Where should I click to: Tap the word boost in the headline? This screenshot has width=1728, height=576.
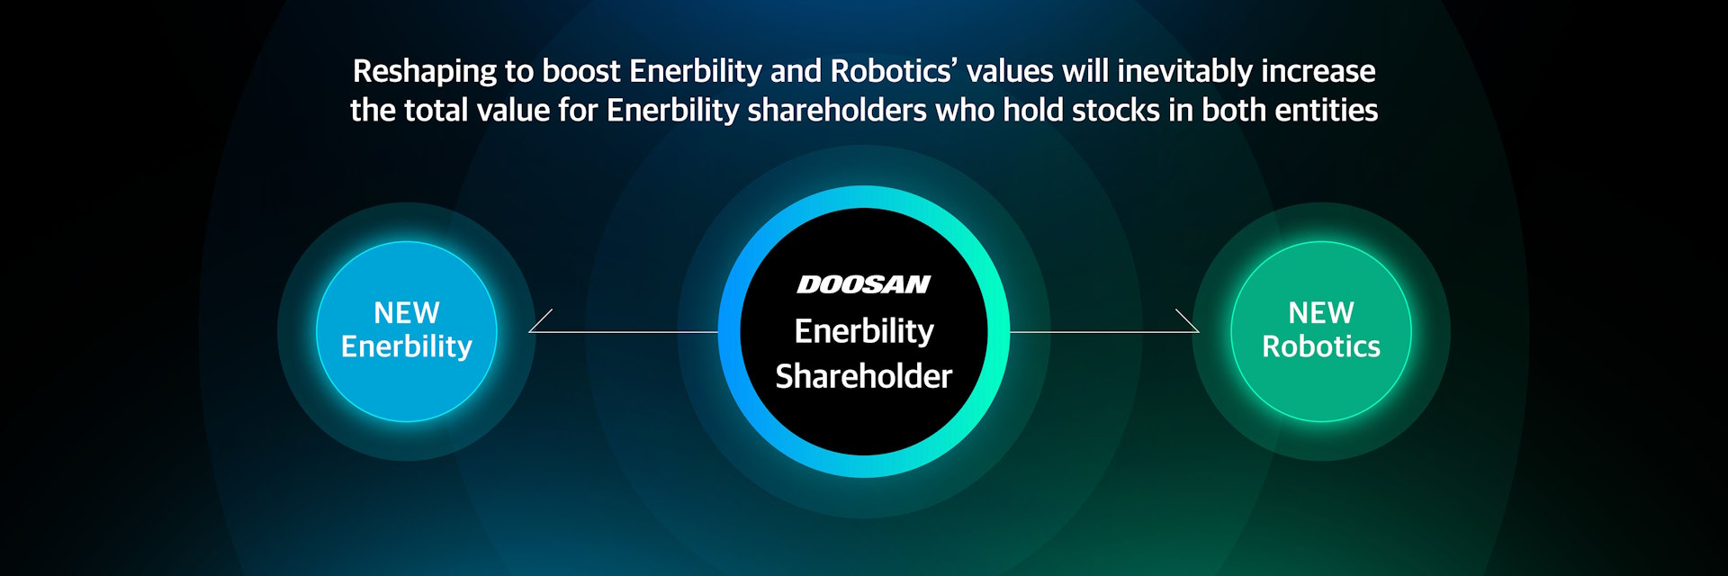click(x=580, y=71)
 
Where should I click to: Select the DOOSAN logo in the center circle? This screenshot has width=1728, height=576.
click(x=864, y=284)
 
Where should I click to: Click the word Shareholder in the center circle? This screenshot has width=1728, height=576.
click(x=864, y=376)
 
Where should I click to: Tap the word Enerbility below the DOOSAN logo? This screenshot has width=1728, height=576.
click(x=864, y=332)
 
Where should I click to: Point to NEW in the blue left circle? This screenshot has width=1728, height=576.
click(x=407, y=313)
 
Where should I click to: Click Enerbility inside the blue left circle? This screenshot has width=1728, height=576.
click(x=407, y=346)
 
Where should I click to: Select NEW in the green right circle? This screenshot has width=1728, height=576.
click(x=1321, y=313)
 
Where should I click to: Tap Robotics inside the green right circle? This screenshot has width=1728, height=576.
click(x=1321, y=346)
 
